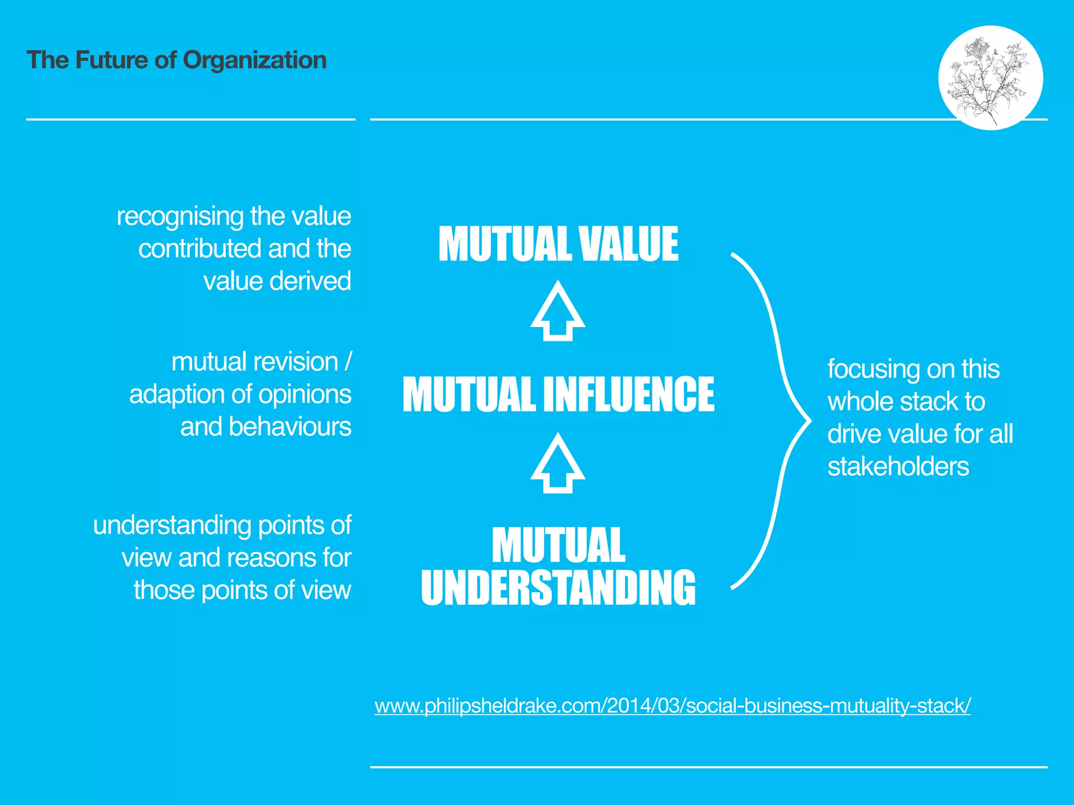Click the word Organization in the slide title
tap(254, 60)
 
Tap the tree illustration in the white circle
tap(989, 79)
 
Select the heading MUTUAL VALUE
tap(558, 244)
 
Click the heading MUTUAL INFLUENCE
tap(558, 394)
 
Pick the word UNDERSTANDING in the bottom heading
tap(558, 588)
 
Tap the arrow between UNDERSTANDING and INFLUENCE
tap(557, 463)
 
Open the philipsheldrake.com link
tap(672, 705)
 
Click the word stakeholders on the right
tap(898, 466)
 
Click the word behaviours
tap(289, 427)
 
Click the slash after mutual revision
tap(348, 362)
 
